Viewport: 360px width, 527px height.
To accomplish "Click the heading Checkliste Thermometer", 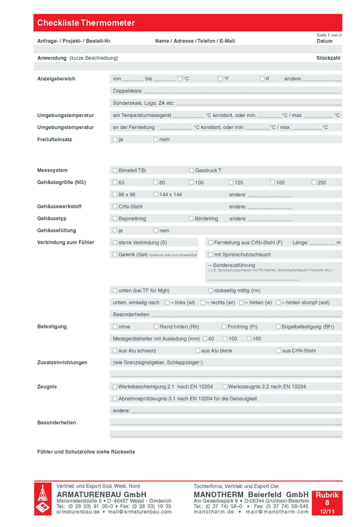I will (86, 23).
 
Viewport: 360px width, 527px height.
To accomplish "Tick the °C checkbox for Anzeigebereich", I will (180, 79).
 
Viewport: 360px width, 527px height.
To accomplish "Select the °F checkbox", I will (220, 79).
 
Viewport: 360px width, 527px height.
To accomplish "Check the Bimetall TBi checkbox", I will (115, 170).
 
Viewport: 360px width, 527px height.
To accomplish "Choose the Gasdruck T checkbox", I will (191, 170).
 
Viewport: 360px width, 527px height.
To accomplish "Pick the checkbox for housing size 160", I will (272, 182).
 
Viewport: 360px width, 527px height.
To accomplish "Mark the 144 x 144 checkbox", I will (155, 195).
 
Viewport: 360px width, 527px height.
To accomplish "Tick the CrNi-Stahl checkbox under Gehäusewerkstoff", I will (115, 207).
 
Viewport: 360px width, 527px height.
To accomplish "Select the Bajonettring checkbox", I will (115, 219).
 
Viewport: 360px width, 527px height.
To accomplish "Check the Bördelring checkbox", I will (191, 219).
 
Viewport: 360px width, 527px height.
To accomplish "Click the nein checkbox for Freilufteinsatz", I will (155, 139).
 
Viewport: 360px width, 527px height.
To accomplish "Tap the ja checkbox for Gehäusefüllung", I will (115, 231).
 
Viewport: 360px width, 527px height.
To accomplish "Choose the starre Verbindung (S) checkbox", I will (115, 243).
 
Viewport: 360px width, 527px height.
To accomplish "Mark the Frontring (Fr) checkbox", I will (224, 327).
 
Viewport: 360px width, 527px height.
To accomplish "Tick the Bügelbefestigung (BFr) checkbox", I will (278, 327).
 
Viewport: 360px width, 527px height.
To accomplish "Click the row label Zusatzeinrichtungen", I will (62, 363).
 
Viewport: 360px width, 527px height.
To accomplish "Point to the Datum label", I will (324, 41).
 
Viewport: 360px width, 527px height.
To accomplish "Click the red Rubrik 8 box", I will (327, 503).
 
